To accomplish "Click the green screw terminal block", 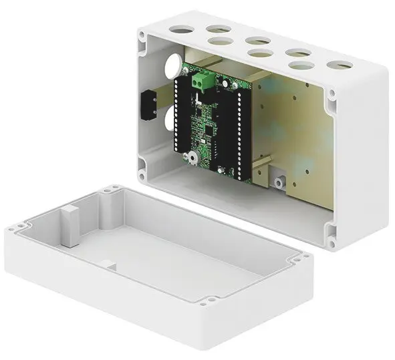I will tap(201, 81).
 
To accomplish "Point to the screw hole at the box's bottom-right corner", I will tap(330, 231).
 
